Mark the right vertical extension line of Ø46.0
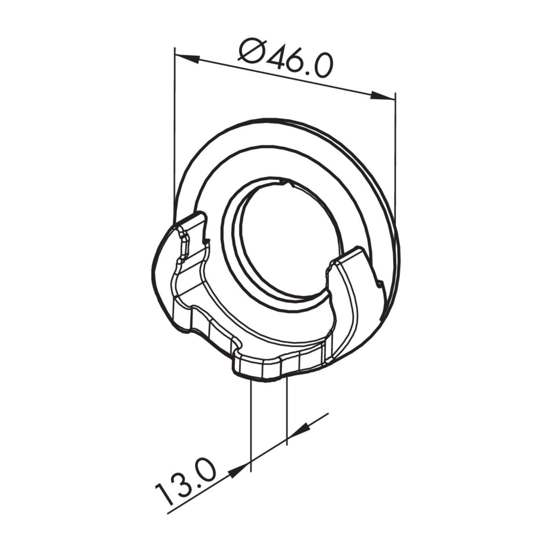395,155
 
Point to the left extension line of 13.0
250,423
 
